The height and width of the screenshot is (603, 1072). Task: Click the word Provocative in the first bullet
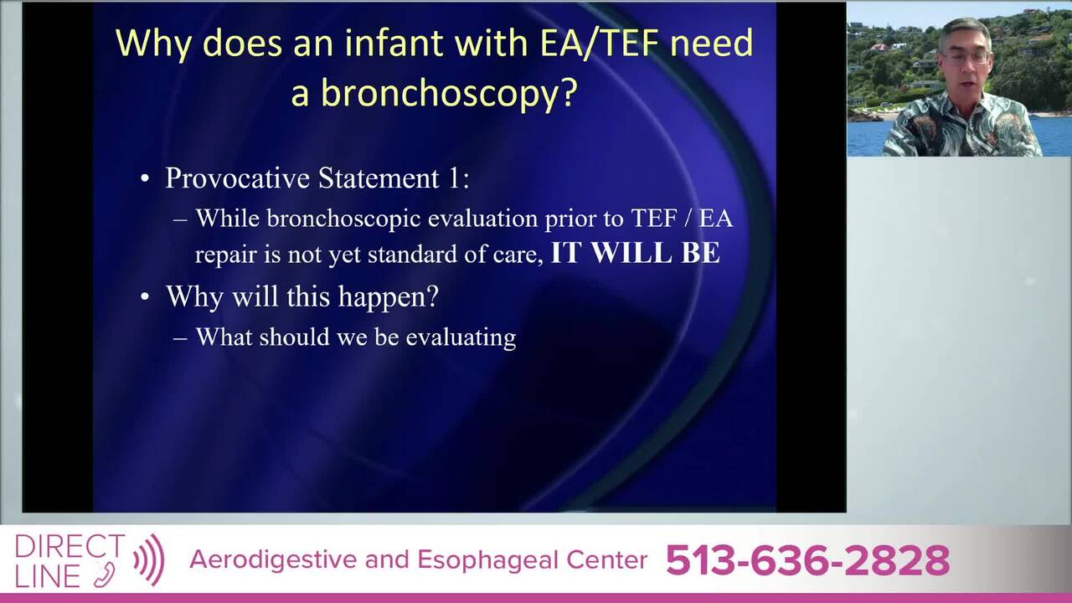238,178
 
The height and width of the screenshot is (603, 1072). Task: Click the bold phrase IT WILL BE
636,253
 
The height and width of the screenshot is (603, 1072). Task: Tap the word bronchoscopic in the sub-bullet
343,219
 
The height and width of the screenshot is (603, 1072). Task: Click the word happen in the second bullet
388,297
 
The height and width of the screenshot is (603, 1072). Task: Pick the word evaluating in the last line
461,338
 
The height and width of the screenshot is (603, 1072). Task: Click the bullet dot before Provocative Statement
145,178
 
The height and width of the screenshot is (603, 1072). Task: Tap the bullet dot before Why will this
145,296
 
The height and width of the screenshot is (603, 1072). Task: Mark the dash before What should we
180,338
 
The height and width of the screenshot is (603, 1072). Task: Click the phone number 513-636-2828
808,560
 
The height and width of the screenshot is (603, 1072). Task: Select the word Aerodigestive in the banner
273,560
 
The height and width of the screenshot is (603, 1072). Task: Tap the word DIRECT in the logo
70,546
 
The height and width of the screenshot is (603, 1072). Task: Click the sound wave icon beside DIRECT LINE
149,560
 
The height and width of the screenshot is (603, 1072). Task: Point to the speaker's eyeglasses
966,59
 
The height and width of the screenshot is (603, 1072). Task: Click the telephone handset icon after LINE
105,575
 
